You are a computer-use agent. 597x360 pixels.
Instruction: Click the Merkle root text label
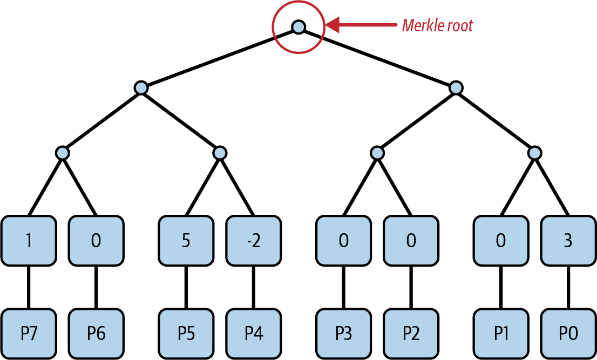tap(437, 25)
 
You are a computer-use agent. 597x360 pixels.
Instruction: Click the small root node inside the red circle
tap(298, 26)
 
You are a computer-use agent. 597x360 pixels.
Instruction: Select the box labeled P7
tap(28, 334)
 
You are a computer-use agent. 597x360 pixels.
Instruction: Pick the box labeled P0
tap(567, 334)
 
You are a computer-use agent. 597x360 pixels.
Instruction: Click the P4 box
tap(253, 334)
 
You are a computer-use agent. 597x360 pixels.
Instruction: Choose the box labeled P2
tap(411, 334)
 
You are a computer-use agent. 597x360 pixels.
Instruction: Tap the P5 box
tap(186, 334)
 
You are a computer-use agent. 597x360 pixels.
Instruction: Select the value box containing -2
tap(253, 241)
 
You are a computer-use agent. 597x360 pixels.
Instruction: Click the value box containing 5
tap(186, 241)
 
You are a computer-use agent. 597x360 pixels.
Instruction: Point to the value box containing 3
tap(567, 241)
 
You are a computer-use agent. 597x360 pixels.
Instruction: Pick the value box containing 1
tap(28, 241)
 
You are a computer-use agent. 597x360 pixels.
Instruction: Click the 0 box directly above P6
tap(96, 241)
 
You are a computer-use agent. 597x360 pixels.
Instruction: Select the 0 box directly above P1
tap(501, 241)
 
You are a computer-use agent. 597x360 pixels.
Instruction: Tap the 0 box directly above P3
tap(343, 241)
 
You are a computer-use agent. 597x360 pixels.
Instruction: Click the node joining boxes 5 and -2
tap(219, 153)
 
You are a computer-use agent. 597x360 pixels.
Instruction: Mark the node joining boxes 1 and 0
tap(63, 153)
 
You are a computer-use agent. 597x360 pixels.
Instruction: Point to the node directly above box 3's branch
tap(534, 153)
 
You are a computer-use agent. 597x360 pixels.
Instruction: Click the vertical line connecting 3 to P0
tap(567, 287)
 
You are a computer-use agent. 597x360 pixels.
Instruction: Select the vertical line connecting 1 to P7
tap(28, 287)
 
